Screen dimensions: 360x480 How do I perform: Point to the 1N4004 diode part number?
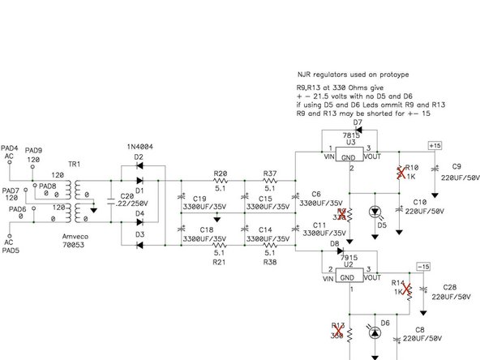(x=140, y=148)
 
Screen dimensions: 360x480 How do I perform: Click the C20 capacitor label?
(x=126, y=197)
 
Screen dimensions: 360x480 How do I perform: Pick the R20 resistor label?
(x=220, y=172)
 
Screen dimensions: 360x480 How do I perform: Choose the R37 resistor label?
(x=270, y=172)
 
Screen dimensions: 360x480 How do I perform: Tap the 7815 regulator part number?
(x=351, y=134)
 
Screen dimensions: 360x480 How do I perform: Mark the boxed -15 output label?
(x=422, y=266)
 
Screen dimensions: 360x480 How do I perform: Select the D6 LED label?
(x=386, y=323)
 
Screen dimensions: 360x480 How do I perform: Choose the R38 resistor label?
(x=270, y=264)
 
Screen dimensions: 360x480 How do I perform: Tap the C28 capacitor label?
(x=451, y=286)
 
